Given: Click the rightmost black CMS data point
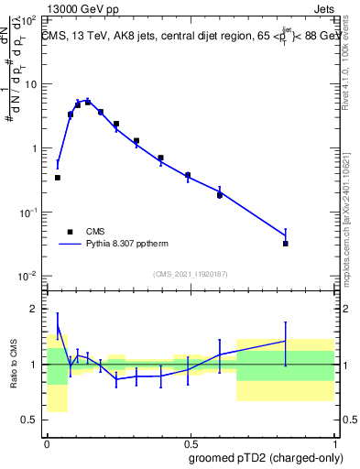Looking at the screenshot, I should (x=286, y=244).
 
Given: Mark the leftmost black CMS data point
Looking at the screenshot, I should (x=58, y=178).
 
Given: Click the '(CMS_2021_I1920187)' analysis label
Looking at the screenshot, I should (x=189, y=273).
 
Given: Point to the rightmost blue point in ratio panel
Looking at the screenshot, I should (x=286, y=341).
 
